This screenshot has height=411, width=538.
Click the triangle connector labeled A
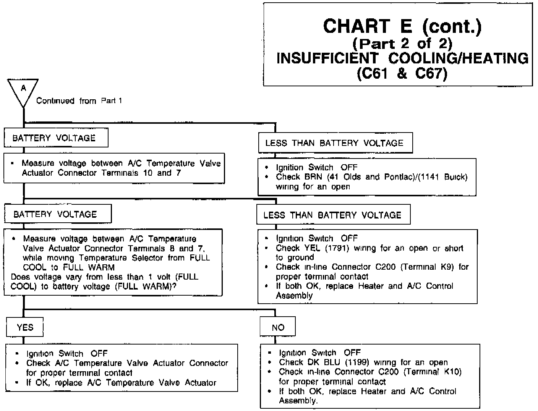(x=23, y=90)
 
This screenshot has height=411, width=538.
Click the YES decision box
(x=25, y=327)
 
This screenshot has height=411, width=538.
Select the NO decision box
(x=278, y=327)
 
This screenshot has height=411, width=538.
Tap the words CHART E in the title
(x=367, y=26)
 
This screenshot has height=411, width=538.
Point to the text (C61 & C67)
(x=402, y=73)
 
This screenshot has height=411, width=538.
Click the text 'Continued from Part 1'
(x=79, y=101)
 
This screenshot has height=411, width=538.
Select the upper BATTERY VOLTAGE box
(x=56, y=138)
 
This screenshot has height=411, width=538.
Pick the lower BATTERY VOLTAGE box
(x=57, y=214)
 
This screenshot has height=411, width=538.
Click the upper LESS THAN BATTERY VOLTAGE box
(x=334, y=143)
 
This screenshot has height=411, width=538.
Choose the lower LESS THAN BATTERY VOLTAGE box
(x=333, y=215)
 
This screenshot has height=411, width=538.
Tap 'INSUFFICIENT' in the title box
(x=327, y=58)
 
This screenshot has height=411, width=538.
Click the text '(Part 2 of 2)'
(x=402, y=44)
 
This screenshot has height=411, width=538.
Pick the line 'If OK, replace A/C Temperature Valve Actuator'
(x=121, y=382)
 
